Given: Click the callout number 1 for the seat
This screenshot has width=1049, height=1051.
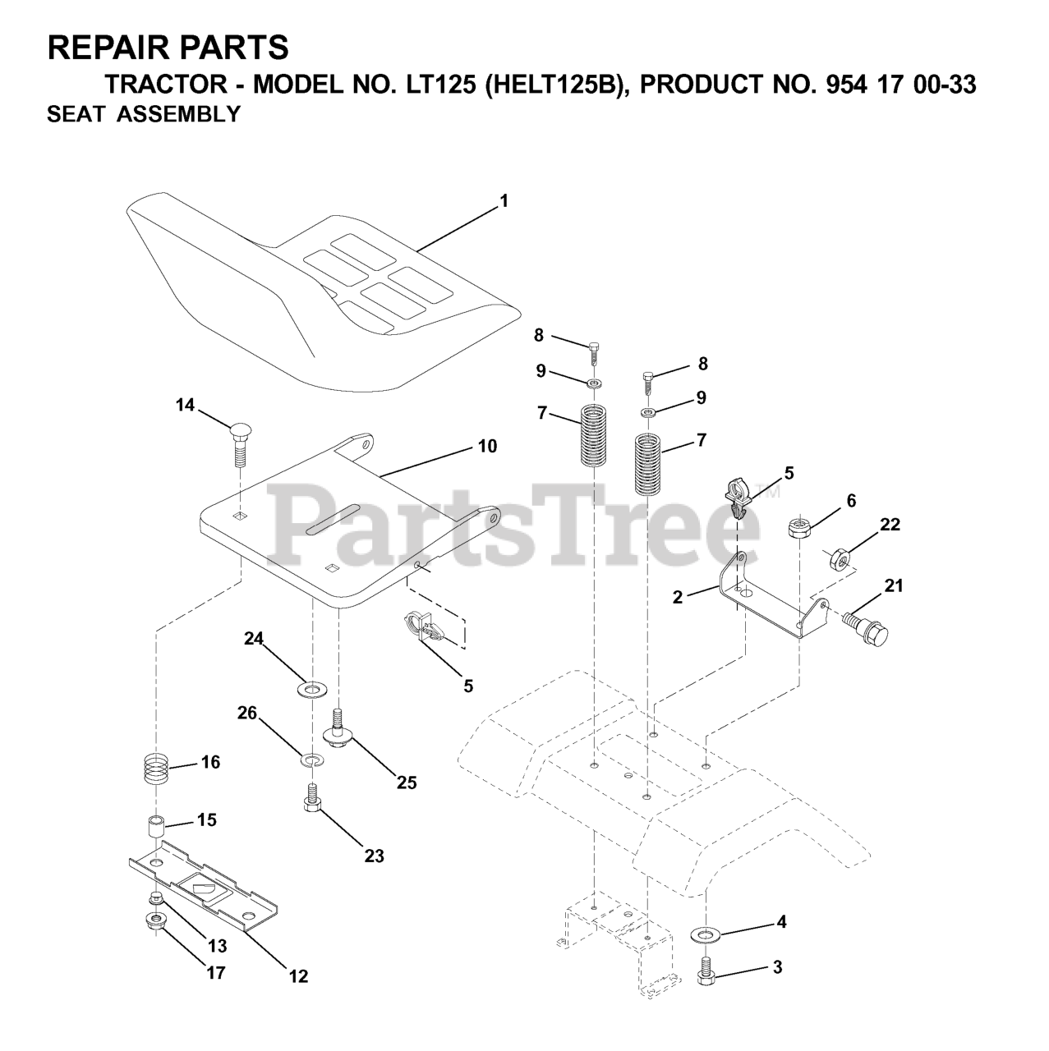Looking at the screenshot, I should tap(504, 200).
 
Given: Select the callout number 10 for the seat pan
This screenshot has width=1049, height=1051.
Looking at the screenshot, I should tap(487, 447).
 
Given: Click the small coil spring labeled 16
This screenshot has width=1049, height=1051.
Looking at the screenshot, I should tap(157, 769).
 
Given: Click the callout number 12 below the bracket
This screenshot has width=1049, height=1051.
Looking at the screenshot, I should tap(298, 976).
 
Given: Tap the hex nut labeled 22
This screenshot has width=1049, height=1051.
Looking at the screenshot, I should tap(838, 559).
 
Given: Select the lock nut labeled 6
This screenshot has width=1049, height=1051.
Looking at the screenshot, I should tap(800, 525).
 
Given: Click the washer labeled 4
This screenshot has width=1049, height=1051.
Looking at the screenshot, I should tap(705, 934).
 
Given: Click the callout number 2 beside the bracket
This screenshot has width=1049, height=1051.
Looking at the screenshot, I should tap(677, 597).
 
